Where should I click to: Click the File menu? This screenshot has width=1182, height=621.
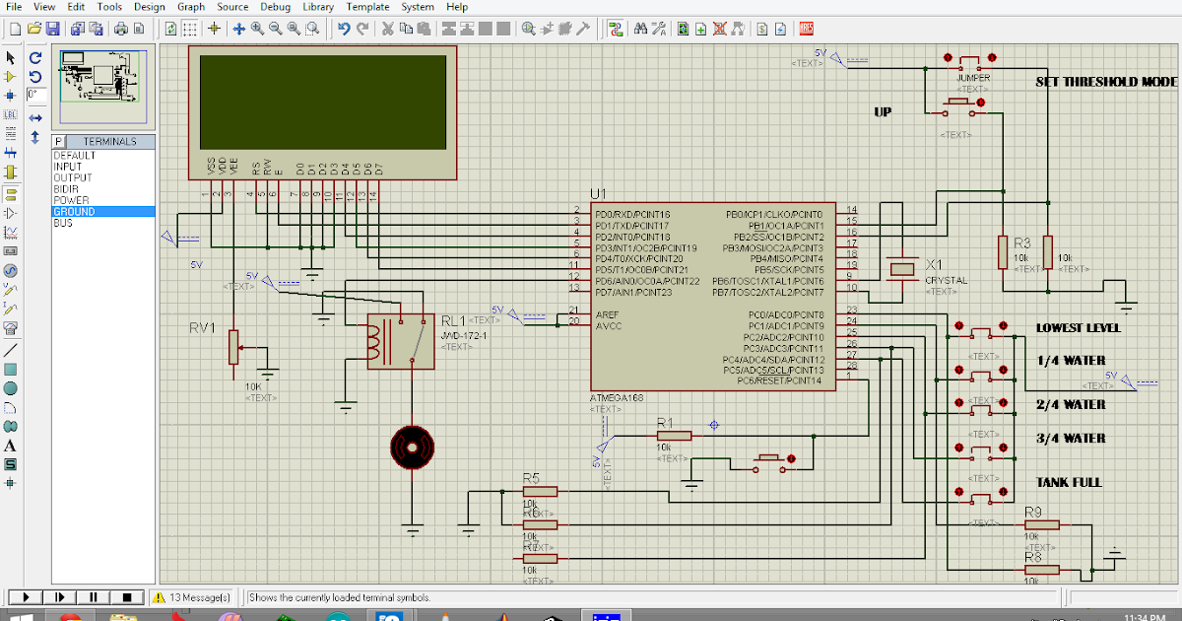coord(14,7)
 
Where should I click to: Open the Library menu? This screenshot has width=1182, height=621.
coord(318,7)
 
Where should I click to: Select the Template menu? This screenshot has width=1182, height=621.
coord(367,7)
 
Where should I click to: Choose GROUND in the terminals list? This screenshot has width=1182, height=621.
coord(75,212)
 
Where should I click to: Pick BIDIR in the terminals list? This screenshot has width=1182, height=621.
coord(67,189)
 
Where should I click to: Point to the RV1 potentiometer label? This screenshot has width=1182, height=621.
coord(202,328)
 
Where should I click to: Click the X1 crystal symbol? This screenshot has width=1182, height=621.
coord(900,269)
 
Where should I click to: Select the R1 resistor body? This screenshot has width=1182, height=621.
coord(674,435)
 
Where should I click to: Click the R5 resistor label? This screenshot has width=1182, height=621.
coord(531,478)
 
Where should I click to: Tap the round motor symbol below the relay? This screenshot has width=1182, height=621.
coord(412,448)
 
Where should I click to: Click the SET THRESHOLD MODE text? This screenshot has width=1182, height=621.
coord(1106,82)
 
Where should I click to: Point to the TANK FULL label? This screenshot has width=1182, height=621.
coord(1069,482)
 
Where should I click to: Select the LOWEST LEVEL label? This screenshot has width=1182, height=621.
coord(1078,327)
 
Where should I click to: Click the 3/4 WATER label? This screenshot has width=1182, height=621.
coord(1071,438)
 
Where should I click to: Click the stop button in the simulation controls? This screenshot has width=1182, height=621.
coord(127,597)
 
